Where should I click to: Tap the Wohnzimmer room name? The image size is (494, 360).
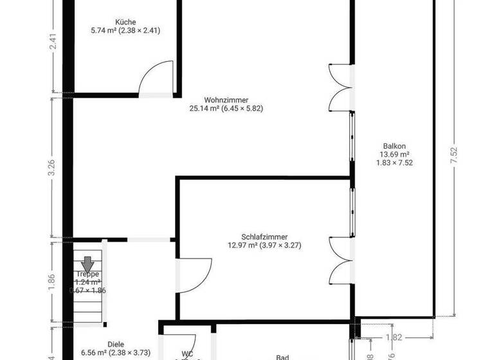(x=226, y=100)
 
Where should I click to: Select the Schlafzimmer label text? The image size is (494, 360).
(x=264, y=236)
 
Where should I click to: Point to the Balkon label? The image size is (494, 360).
(x=394, y=145)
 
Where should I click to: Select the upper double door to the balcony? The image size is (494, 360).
(x=339, y=87)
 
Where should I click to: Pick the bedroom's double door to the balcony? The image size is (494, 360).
(x=339, y=260)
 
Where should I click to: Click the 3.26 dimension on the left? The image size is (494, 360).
(x=53, y=167)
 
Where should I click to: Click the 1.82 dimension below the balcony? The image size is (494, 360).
(x=394, y=336)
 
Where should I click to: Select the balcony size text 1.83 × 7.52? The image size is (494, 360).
(x=394, y=163)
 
